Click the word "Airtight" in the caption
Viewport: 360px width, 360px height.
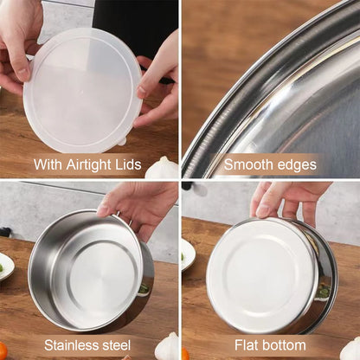(93, 164)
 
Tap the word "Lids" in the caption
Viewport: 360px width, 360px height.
(132, 164)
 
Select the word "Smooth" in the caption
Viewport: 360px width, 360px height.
(247, 164)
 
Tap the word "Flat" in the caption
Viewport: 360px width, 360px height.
(246, 345)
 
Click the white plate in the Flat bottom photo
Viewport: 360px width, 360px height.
(187, 254)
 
